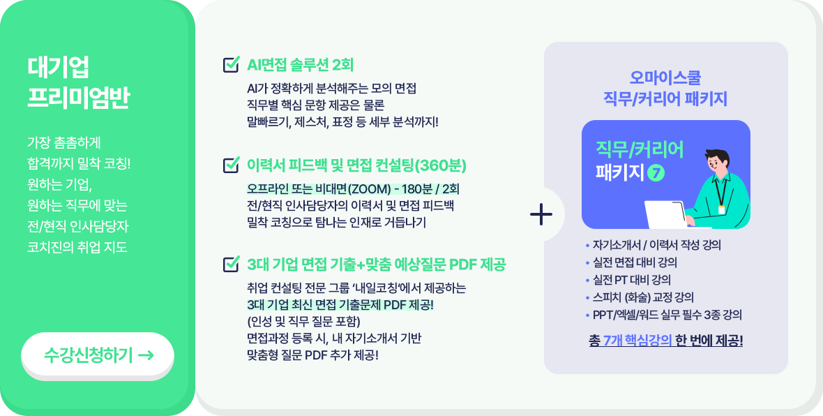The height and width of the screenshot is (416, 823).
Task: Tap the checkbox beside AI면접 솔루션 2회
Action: (x=231, y=64)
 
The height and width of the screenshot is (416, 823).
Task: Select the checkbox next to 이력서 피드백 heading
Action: (x=231, y=165)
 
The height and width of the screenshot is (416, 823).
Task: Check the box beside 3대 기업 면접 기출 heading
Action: (x=231, y=264)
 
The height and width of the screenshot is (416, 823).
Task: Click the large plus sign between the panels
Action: (x=541, y=215)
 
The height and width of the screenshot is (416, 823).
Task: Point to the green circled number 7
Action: (x=656, y=173)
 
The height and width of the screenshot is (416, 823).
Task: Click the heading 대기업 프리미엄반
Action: (x=78, y=83)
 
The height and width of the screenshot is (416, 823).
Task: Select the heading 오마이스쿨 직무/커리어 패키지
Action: (x=665, y=88)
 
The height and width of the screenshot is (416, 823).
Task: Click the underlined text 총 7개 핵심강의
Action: (x=630, y=341)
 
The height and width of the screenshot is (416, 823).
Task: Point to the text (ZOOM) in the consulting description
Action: (x=368, y=188)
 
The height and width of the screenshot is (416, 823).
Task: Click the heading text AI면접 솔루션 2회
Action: (x=300, y=65)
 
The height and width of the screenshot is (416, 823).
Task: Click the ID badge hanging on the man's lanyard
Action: (x=722, y=209)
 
